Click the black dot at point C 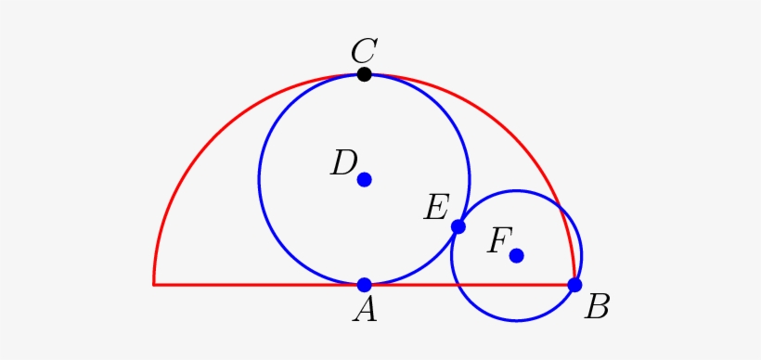[365, 74]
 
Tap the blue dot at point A [365, 285]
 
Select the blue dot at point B [574, 285]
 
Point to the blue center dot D [365, 179]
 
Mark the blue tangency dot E [458, 226]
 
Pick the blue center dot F [517, 255]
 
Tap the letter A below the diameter [365, 310]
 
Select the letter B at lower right [597, 307]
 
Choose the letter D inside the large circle [343, 164]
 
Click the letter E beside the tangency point [435, 207]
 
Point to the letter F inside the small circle [498, 241]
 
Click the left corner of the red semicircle [154, 285]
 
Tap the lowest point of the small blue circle [517, 321]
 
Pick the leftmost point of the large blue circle [259, 179]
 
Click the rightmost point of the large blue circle [471, 179]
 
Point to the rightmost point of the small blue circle [582, 255]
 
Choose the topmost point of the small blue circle [517, 190]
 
